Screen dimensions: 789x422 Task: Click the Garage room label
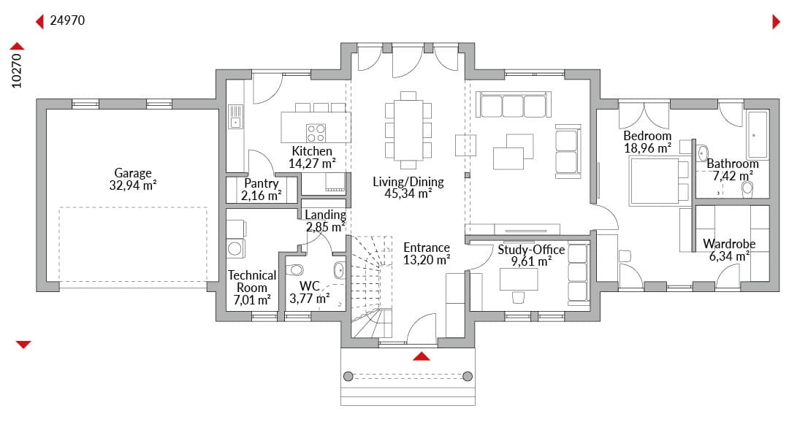133,173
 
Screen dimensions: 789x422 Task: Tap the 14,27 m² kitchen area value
312,164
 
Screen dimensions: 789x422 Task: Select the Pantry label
261,183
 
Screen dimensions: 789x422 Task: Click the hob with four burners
316,133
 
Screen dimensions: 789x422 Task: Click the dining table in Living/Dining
408,130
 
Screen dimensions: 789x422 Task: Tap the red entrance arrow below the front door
422,356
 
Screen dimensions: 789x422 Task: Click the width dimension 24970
67,20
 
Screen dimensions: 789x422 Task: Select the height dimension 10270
17,70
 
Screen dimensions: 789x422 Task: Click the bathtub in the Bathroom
757,135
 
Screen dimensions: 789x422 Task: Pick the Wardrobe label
729,244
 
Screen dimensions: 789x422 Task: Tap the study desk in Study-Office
519,279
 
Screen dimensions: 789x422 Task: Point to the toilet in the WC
294,270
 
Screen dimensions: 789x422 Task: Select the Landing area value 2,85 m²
326,227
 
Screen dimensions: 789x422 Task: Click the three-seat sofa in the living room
514,104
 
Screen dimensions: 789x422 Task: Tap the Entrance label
427,248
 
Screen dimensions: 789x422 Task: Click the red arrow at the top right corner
777,22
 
